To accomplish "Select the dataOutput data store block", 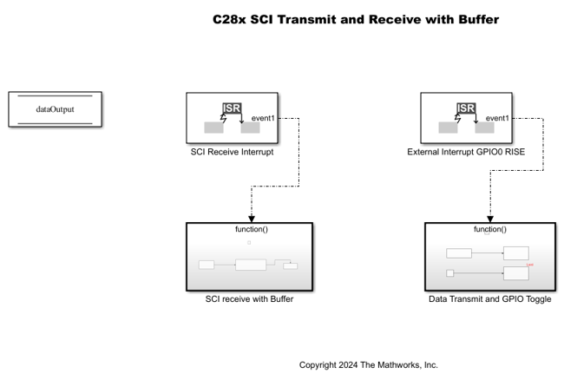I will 54,110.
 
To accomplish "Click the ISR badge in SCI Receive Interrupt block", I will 232,108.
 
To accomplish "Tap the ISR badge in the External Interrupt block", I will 466,108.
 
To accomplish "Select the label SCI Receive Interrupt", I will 232,152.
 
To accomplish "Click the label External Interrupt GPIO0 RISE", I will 466,152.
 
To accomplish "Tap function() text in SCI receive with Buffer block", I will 249,229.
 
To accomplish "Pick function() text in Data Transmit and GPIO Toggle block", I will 489,229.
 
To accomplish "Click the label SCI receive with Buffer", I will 249,300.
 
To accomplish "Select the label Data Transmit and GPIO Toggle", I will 489,300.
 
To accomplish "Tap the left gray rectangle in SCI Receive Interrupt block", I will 213,128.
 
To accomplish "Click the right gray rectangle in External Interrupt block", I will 485,128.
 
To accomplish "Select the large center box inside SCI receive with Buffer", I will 250,265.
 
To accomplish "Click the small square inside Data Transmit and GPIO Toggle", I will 450,273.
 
